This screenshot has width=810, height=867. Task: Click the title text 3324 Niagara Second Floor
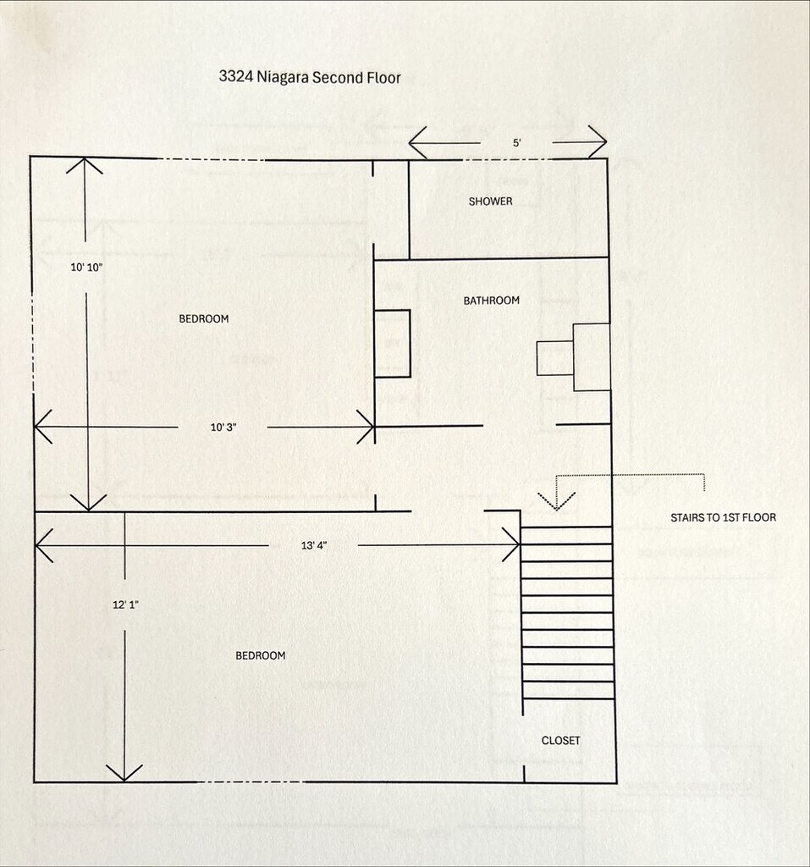310,77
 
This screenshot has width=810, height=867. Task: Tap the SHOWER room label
490,202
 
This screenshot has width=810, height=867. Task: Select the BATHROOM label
492,301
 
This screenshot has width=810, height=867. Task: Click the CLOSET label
560,740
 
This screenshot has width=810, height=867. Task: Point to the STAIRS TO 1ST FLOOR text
723,517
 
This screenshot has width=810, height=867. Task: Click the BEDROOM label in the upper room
203,318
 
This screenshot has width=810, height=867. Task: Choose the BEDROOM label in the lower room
261,655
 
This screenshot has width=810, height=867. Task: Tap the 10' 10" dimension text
87,268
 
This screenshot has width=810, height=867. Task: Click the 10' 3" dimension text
223,428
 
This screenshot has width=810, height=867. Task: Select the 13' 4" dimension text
314,546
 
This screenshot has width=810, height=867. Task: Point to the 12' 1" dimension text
125,605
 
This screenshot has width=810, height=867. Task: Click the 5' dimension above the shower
517,142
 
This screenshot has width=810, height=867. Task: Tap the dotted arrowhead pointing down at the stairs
557,501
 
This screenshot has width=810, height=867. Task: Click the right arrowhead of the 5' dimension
598,141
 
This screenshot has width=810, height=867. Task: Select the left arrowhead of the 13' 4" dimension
44,545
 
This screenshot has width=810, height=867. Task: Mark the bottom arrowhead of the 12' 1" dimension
124,772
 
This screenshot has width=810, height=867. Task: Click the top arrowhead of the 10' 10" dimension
85,166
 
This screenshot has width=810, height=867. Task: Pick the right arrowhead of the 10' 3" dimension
366,427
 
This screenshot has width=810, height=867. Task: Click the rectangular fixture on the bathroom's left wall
392,344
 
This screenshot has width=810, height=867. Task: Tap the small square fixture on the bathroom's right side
555,359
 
